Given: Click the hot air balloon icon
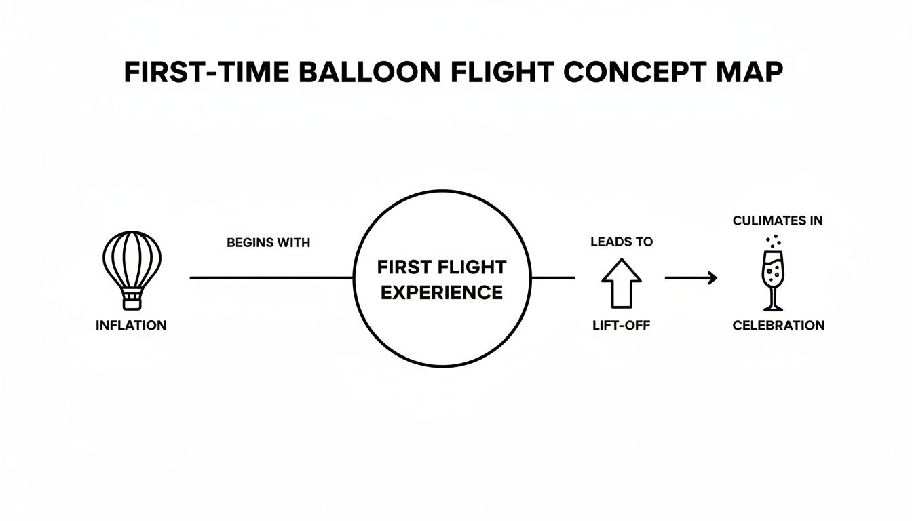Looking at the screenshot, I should [x=132, y=265].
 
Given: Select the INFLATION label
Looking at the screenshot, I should [x=131, y=326].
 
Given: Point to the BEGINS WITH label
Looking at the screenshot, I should [x=269, y=243].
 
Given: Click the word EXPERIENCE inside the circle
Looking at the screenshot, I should [x=442, y=292].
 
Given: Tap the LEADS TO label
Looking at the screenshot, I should [x=621, y=243].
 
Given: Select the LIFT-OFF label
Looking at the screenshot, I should [x=622, y=326].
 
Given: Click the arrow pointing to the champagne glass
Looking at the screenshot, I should [x=691, y=277].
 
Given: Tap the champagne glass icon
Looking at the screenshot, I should [x=772, y=278].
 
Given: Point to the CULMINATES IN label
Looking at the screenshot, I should [x=778, y=220].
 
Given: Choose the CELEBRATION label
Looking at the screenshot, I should [x=778, y=326].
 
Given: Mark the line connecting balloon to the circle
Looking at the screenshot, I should [x=271, y=277].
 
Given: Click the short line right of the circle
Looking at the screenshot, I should [x=553, y=277].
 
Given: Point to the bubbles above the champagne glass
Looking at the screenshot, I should [x=772, y=241].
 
